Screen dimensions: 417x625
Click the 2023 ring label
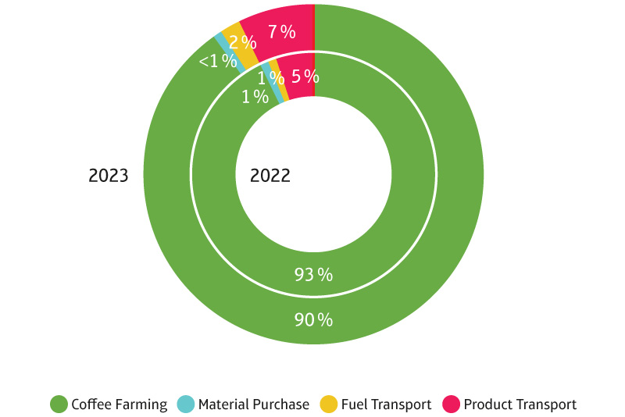[108, 176]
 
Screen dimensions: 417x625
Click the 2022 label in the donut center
[270, 176]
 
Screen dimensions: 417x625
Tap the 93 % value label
[313, 274]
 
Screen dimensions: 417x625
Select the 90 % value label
[313, 319]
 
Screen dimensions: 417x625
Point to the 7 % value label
[281, 32]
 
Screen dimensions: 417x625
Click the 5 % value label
[305, 77]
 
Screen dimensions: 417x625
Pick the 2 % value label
[243, 43]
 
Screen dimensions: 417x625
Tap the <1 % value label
[217, 62]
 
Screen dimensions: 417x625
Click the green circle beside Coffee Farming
[59, 405]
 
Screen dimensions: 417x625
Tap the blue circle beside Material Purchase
[185, 405]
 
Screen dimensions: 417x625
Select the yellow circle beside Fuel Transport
[329, 405]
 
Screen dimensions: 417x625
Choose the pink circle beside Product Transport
[451, 405]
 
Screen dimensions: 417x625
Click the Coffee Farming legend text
[119, 405]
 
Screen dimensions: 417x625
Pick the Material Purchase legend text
[253, 405]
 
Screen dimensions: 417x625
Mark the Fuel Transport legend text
[386, 405]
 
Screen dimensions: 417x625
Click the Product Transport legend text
[520, 405]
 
